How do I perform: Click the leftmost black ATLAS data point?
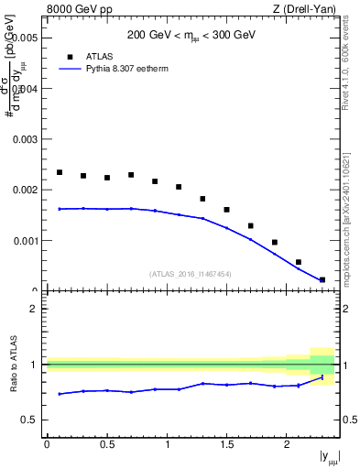(60, 172)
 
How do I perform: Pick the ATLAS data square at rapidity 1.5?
(226, 210)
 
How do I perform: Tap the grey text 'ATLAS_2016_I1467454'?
(191, 274)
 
